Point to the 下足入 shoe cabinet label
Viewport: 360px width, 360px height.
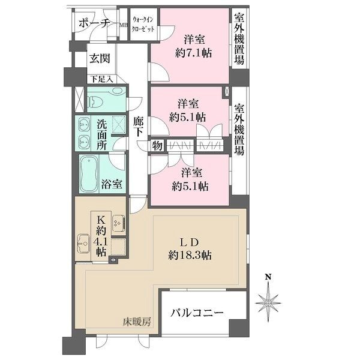pos(100,79)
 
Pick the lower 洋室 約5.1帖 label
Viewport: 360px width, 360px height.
pos(191,179)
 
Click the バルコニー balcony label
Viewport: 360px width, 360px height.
pos(196,313)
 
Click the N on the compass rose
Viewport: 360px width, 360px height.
pos(269,277)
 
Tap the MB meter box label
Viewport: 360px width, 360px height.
pos(123,25)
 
